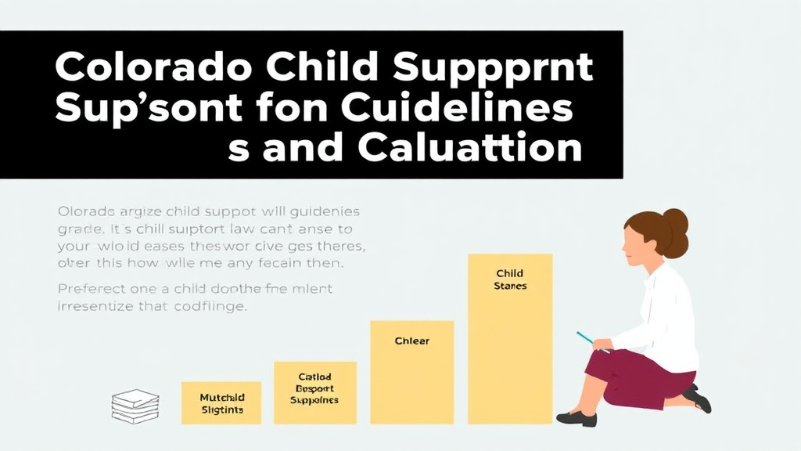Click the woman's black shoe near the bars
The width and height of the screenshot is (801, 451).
coord(577,417)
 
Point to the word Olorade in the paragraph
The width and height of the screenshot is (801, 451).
coord(85,211)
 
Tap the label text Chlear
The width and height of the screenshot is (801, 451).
coord(411,341)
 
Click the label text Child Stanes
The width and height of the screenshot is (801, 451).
coord(510,280)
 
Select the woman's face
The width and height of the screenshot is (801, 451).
coord(635,240)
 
